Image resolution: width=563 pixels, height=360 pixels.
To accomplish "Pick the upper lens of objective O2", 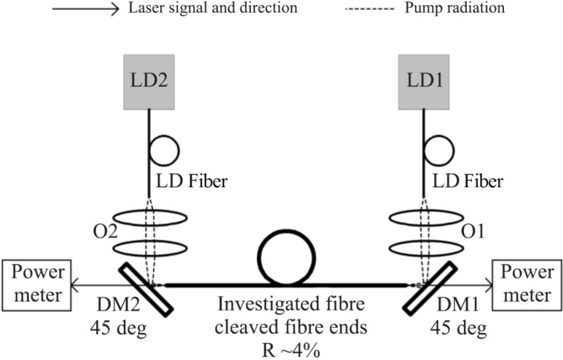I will click(150, 217).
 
